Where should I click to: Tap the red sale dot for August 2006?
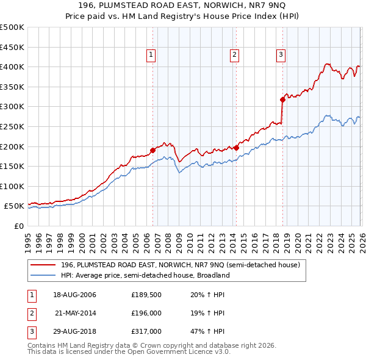152,150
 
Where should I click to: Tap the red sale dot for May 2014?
236,148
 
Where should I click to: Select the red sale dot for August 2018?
282,99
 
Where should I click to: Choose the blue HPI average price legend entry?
145,275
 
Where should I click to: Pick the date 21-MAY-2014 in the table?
76,313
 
